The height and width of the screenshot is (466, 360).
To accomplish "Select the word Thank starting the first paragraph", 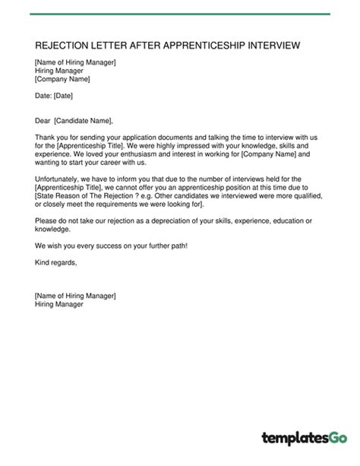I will (x=46, y=137).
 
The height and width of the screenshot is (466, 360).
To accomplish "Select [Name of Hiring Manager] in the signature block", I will (x=75, y=296).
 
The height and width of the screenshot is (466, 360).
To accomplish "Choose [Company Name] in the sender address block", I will (x=62, y=78).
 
